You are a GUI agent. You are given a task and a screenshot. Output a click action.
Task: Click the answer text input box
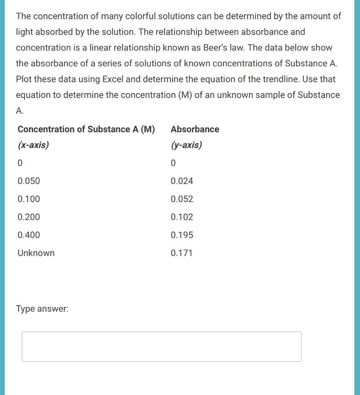pos(161,346)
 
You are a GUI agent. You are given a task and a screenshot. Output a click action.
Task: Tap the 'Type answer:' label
pos(42,309)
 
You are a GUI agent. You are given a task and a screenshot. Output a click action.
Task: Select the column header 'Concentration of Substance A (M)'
pos(86,129)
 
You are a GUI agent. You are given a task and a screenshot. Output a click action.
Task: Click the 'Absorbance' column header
pos(195,129)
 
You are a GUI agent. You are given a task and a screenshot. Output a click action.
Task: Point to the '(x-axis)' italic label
pos(33,145)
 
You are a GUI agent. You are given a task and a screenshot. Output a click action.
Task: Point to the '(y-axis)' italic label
pos(186,145)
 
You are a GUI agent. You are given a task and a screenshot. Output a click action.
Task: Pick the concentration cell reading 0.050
pos(29,181)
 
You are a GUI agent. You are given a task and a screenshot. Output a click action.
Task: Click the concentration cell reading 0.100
pos(29,199)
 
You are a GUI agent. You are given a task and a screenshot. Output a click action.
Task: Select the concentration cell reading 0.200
pos(29,217)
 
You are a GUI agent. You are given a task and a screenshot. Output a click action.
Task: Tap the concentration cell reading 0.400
pos(29,235)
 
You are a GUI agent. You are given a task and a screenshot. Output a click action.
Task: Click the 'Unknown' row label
pos(36,253)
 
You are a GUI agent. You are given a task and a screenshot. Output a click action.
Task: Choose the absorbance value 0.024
pos(182,181)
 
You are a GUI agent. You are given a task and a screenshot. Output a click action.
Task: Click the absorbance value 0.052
pos(182,199)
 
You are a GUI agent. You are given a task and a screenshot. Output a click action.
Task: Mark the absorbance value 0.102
pos(182,217)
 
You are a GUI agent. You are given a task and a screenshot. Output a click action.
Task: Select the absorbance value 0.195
pos(182,235)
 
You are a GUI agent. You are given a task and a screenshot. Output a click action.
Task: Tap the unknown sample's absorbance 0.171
pos(182,253)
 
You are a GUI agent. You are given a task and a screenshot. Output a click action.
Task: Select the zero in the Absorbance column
pos(173,163)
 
